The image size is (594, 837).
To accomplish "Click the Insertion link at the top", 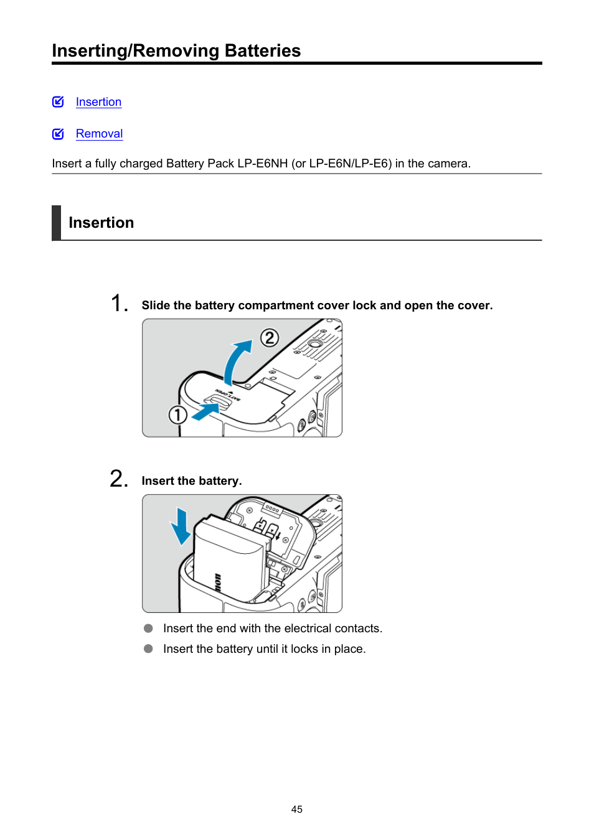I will point(98,102).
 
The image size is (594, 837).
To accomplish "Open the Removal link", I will point(99,134).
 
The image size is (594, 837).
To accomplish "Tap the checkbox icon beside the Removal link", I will point(58,134).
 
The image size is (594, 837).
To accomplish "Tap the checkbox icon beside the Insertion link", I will point(58,102).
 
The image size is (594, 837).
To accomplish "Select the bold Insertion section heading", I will point(101,223).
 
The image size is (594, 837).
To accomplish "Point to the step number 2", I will point(118,479).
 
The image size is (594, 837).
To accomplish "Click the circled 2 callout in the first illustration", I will point(269,338).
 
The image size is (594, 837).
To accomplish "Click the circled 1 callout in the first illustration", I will point(177,414).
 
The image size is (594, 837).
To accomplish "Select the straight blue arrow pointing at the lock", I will point(205,411).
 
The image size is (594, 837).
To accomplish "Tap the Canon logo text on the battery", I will point(217,582).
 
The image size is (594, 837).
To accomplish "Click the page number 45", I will point(296,809).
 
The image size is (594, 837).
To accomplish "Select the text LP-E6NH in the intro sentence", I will point(262,164).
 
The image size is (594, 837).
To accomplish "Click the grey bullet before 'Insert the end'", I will point(148,629).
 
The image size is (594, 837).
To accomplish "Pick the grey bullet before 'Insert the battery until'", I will point(148,649).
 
